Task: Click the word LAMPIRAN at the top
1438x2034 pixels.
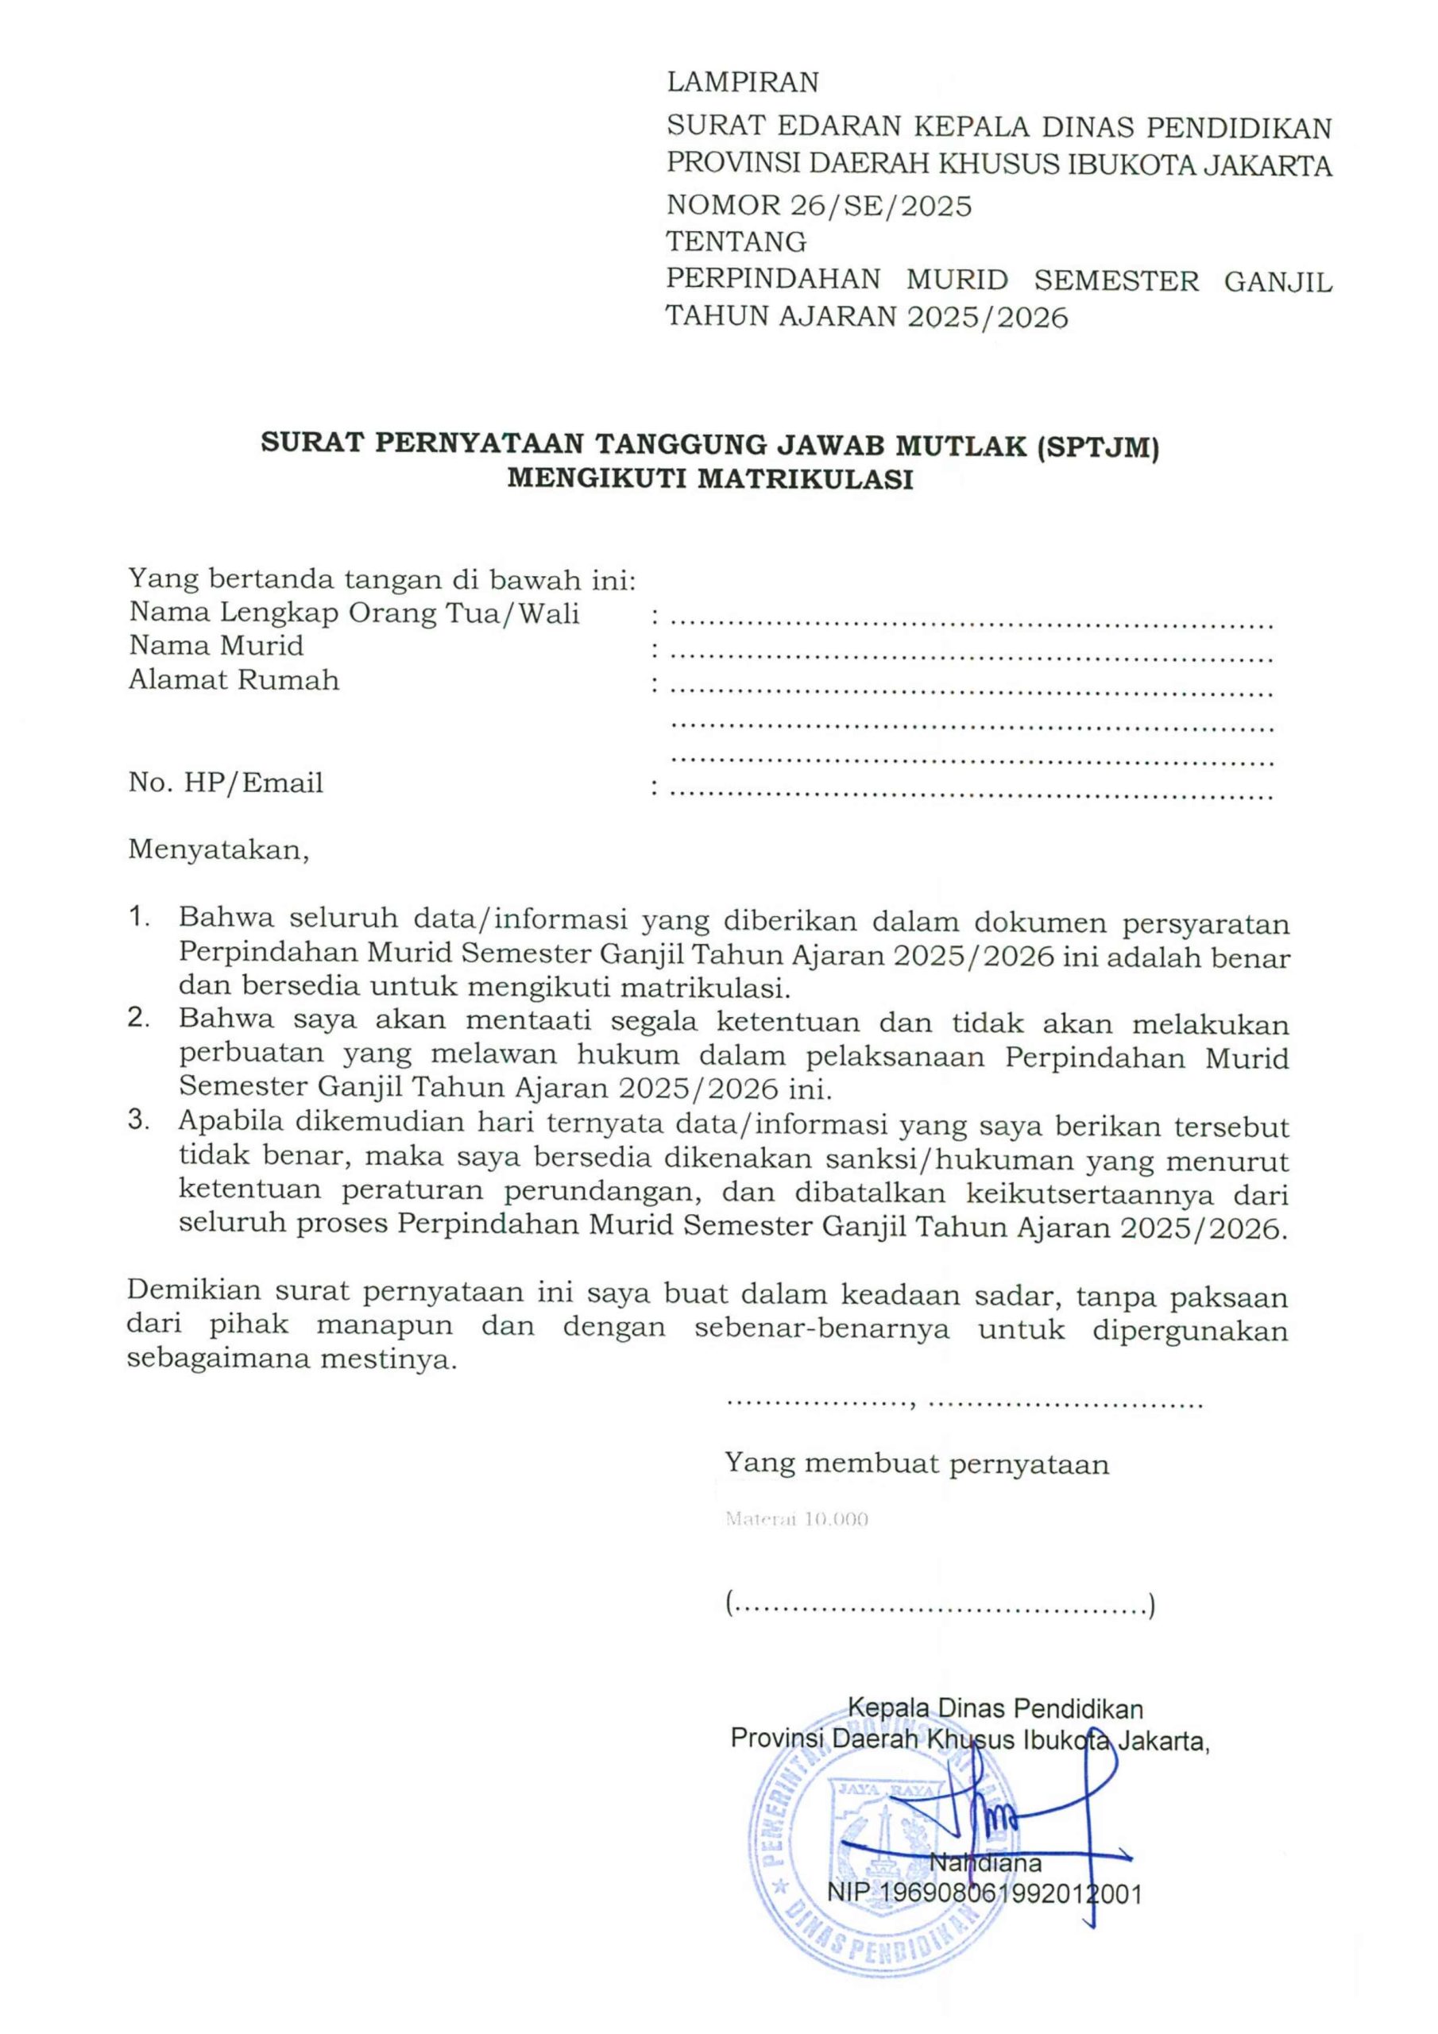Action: (x=743, y=83)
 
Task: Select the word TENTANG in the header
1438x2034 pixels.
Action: (x=736, y=241)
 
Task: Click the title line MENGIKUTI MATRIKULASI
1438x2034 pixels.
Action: (x=709, y=481)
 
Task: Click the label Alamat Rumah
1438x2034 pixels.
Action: (x=234, y=680)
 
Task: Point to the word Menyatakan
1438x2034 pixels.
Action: (x=218, y=849)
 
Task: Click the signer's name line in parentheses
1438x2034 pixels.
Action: (x=939, y=1605)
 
